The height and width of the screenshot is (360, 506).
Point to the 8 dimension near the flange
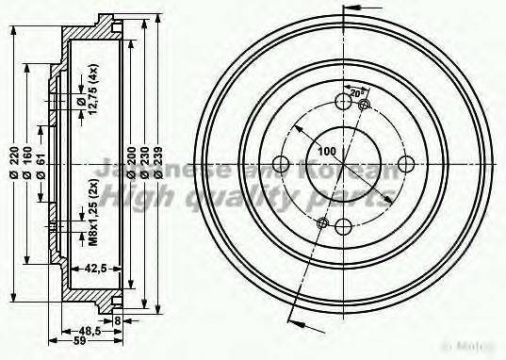point(118,320)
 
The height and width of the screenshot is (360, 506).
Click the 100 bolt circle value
point(326,151)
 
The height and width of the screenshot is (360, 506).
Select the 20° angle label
point(356,94)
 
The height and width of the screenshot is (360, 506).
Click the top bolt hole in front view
point(343,101)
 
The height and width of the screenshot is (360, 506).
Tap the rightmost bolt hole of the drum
point(405,163)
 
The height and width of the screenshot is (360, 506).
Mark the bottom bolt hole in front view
point(343,225)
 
